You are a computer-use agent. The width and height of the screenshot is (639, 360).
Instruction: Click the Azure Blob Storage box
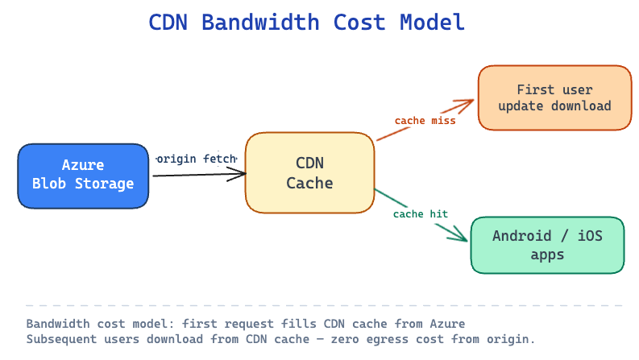coord(83,176)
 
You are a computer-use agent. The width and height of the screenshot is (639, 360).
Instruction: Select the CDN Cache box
coord(309,172)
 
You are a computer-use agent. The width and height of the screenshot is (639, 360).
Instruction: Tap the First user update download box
coord(554,97)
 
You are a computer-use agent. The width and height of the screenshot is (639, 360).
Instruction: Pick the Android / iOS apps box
coord(547,245)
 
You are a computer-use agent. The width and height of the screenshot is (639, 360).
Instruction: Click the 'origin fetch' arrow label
coord(197,159)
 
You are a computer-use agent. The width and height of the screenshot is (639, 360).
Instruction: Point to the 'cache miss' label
coord(425,121)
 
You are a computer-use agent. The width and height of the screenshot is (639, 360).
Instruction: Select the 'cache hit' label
coord(421,213)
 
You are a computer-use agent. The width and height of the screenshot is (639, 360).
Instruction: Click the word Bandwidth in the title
coord(260,22)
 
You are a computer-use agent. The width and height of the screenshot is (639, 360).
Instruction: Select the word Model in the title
coord(432,22)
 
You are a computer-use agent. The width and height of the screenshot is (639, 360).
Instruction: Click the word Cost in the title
coord(359,22)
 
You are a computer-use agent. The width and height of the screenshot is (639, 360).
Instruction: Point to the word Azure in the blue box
coord(83,165)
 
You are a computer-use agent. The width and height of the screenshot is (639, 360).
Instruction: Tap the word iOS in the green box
coord(590,236)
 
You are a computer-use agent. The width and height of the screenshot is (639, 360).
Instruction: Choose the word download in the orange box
coord(581,106)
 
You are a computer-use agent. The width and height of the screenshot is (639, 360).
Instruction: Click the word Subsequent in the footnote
coord(61,339)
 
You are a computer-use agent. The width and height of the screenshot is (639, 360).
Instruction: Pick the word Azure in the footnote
coord(447,324)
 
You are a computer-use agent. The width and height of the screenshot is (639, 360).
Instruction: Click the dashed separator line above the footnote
coord(324,305)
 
